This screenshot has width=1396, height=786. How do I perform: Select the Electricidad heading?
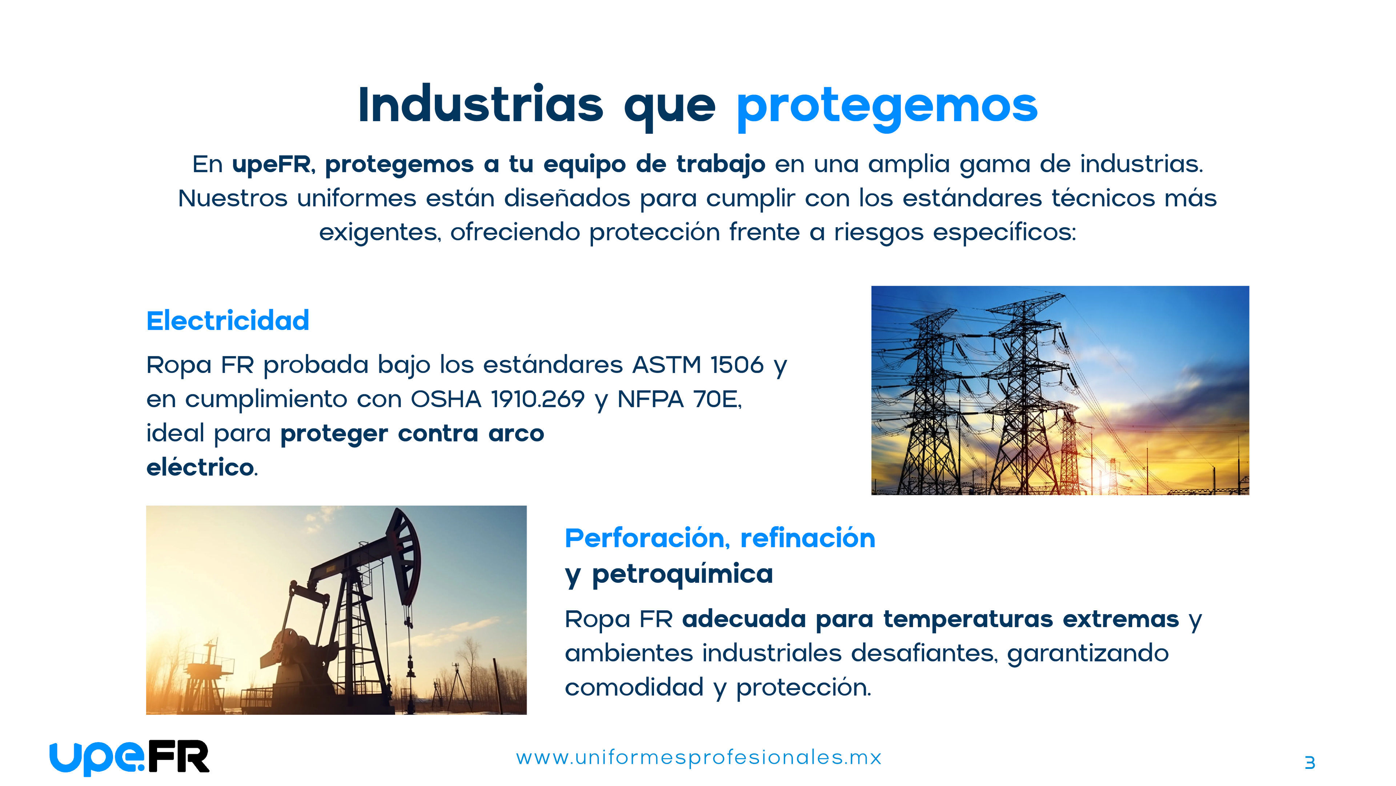[228, 320]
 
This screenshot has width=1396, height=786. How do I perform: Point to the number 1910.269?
[538, 399]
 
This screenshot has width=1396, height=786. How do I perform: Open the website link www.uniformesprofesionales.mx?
[698, 758]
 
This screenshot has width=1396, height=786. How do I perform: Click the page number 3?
[1310, 763]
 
